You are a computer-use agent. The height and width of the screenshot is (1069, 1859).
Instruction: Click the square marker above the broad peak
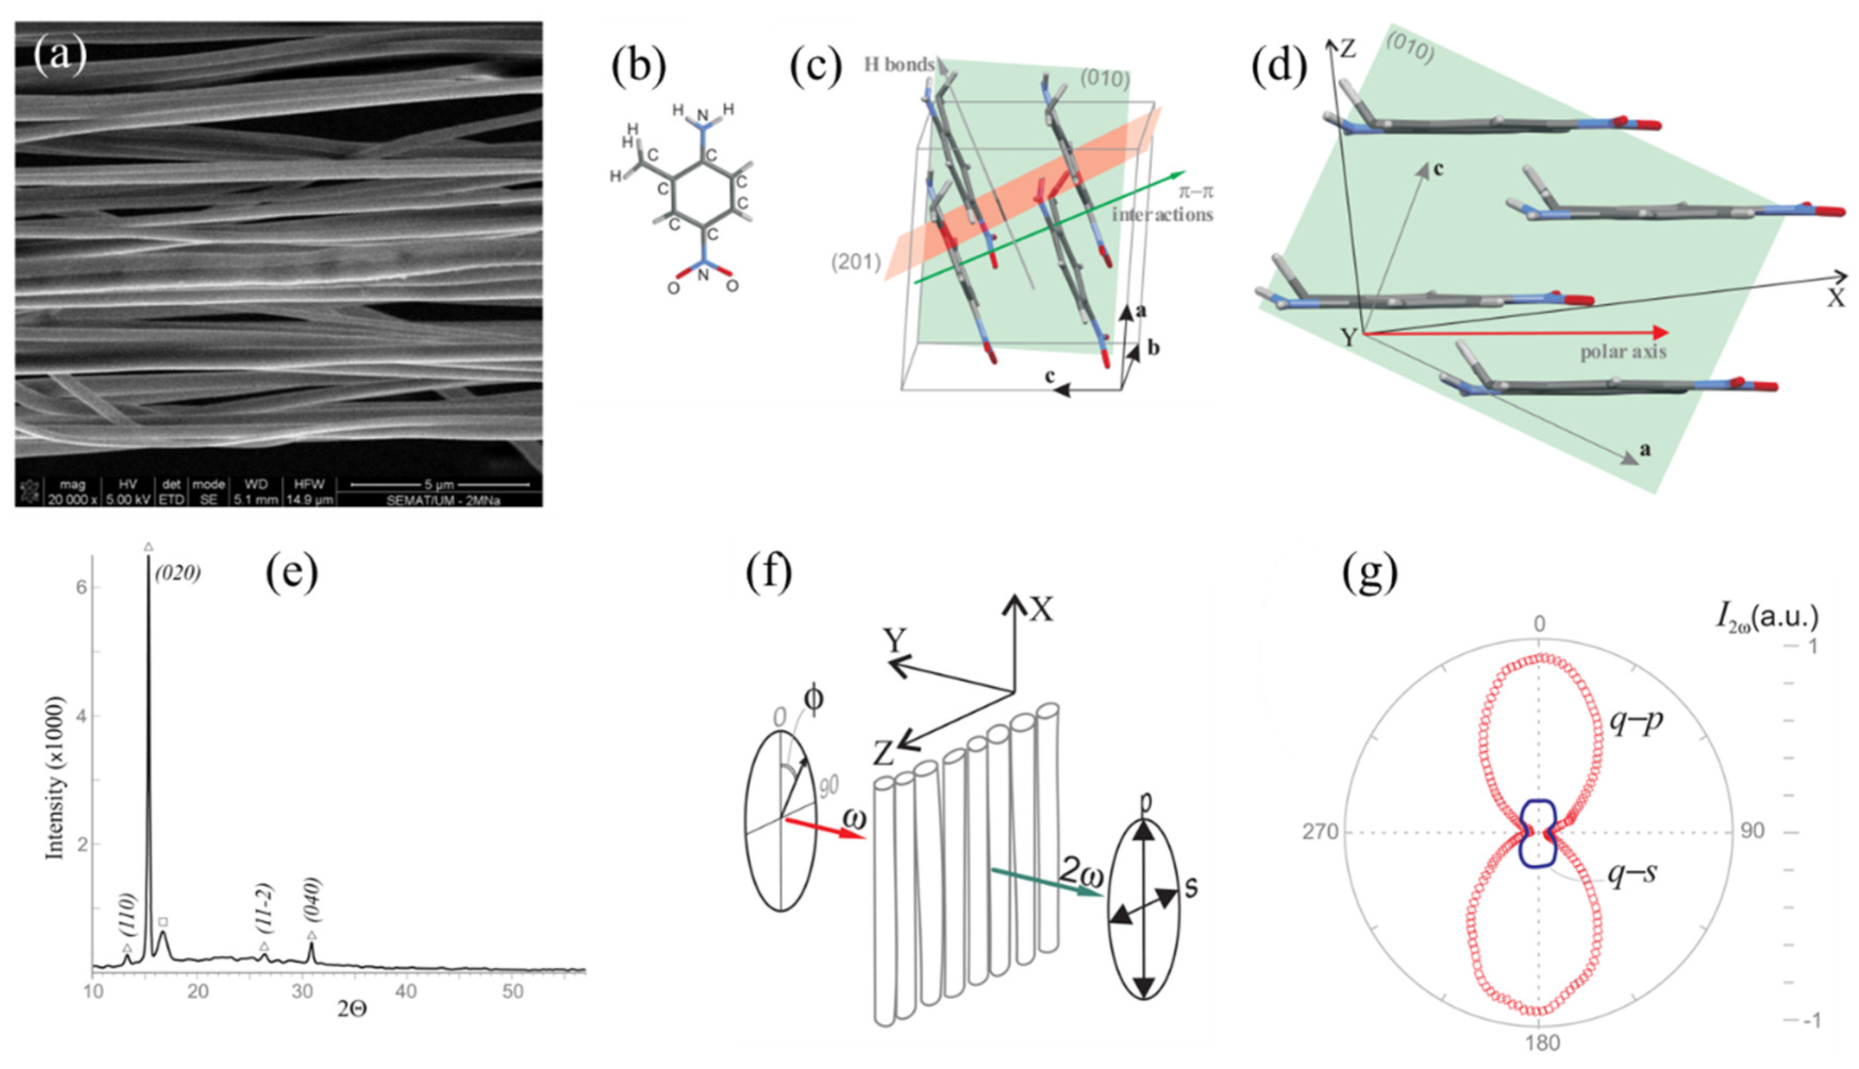(163, 922)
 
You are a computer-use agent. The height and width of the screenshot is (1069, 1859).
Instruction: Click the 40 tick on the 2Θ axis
(406, 992)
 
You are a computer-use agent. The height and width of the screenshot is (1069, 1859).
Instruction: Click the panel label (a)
(60, 56)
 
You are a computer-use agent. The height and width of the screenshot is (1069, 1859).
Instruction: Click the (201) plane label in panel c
(856, 261)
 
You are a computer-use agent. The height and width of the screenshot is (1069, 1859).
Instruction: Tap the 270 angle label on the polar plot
(1320, 832)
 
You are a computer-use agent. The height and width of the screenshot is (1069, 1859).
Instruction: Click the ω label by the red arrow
(853, 817)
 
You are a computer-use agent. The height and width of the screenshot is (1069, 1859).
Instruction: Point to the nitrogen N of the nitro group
(703, 276)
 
